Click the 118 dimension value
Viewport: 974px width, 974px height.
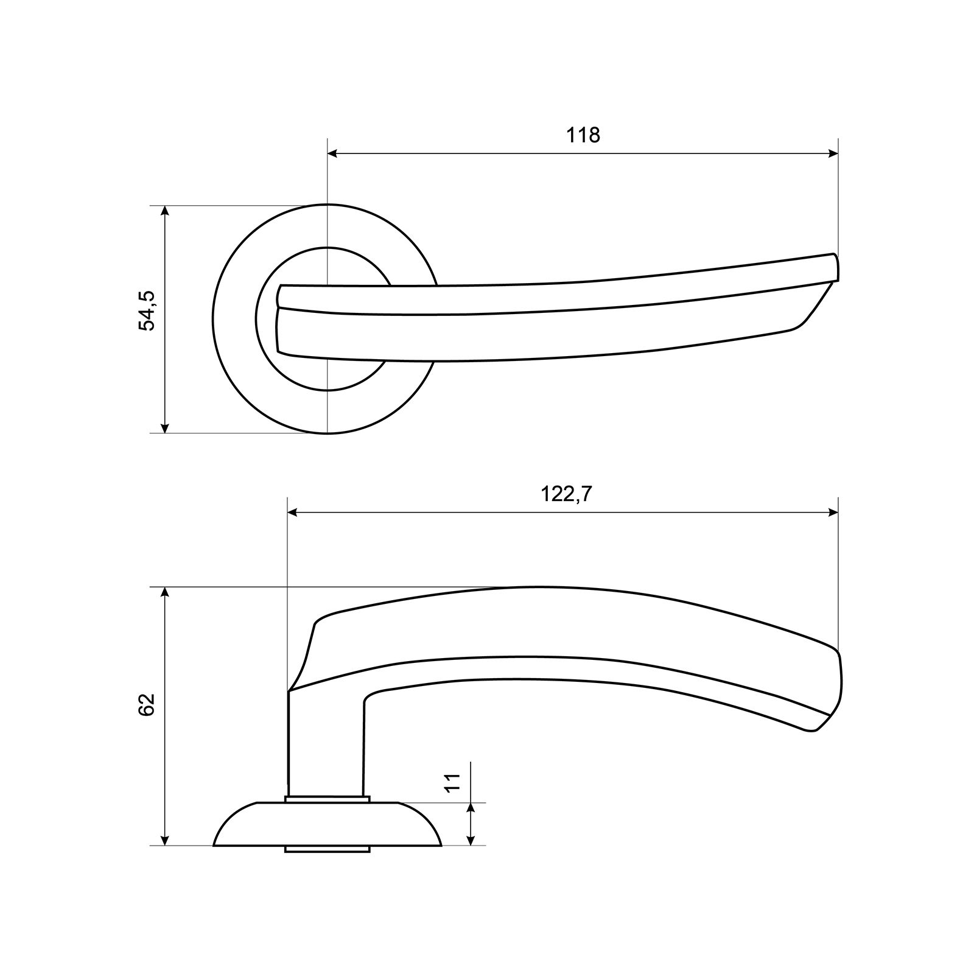click(x=583, y=135)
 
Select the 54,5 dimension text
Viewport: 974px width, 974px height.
click(x=147, y=311)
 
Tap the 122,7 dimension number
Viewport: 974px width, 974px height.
click(x=566, y=494)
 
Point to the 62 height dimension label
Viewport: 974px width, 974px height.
click(x=147, y=704)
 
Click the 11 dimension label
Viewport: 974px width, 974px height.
click(x=452, y=783)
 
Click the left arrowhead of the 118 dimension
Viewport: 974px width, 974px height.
click(x=334, y=153)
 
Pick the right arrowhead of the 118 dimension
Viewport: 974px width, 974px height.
click(x=832, y=153)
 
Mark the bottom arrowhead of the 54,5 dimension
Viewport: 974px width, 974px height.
click(x=164, y=426)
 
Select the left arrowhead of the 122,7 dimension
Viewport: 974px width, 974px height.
click(x=294, y=513)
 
